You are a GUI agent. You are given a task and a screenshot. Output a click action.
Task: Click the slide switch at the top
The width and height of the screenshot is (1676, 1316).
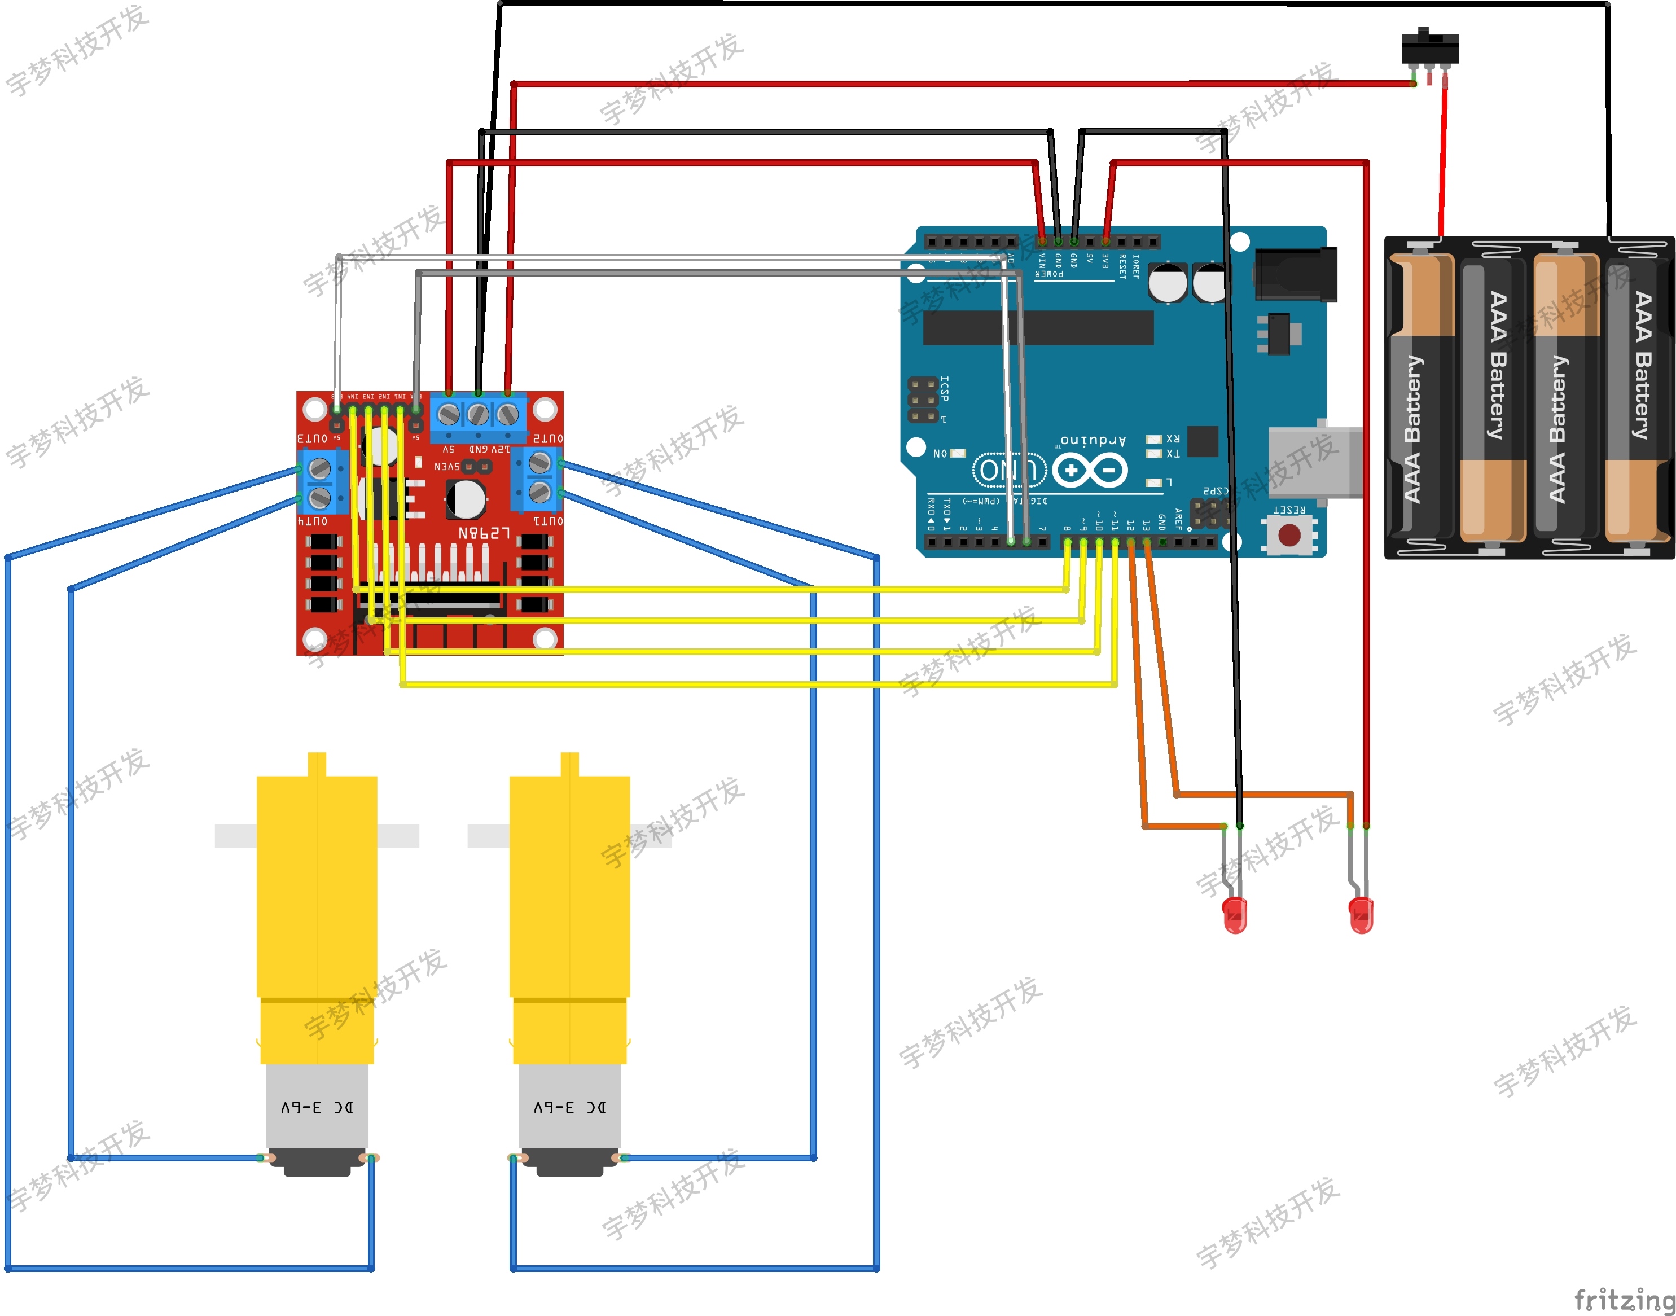[1429, 48]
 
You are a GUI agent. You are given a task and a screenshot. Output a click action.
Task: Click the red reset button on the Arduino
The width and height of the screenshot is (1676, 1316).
[1289, 535]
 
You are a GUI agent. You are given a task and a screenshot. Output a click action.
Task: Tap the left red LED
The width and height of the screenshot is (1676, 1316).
[1235, 915]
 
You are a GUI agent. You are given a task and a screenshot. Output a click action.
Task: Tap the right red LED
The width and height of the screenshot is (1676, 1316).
[1361, 915]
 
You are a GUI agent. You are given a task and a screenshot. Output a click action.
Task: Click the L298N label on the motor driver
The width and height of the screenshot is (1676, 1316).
[484, 533]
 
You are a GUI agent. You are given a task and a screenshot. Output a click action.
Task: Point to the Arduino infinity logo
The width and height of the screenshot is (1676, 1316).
[1090, 469]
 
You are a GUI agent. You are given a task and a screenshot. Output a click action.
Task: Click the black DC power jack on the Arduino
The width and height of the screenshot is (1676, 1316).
[1296, 274]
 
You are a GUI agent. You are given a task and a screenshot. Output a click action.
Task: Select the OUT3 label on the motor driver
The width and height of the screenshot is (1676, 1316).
[312, 438]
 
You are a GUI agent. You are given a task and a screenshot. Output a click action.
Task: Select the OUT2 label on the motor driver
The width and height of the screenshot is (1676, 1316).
[547, 438]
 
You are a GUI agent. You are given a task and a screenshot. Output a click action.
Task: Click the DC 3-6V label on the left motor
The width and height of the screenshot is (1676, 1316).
[317, 1107]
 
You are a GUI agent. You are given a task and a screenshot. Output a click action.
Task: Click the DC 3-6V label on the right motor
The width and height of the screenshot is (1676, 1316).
[569, 1107]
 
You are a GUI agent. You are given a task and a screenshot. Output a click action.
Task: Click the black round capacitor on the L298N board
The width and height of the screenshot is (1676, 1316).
[466, 499]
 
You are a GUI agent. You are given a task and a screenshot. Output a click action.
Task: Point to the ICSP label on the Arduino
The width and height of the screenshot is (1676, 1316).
[945, 389]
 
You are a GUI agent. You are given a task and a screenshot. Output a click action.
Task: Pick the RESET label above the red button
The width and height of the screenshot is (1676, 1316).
[1288, 509]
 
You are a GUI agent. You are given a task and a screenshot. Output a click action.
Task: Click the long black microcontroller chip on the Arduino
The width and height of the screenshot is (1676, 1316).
[1037, 327]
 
